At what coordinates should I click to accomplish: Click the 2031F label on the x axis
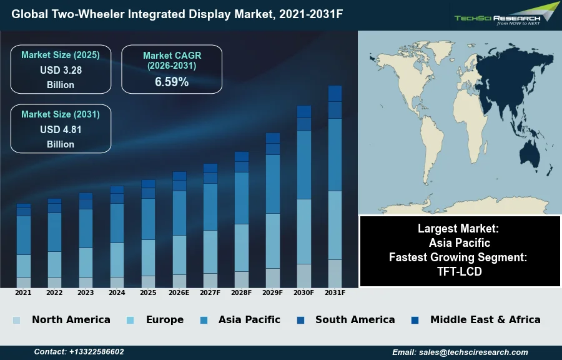click(335, 292)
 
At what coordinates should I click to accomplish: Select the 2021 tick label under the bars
click(23, 292)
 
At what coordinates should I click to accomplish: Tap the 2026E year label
click(179, 292)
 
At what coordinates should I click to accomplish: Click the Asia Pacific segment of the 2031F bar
click(335, 154)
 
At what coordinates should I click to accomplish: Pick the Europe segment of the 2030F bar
click(304, 231)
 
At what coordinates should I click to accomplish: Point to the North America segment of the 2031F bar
click(335, 273)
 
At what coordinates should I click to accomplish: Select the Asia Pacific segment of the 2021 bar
click(24, 235)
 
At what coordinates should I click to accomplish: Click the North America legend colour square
click(16, 321)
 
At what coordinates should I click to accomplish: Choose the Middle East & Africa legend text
click(485, 319)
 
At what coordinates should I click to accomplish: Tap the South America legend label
click(355, 319)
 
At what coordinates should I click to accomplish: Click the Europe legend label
click(165, 319)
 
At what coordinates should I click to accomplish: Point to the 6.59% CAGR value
click(172, 82)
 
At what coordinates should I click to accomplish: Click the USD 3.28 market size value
click(61, 70)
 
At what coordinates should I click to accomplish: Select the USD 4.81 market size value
click(61, 129)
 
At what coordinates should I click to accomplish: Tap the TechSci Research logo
click(506, 15)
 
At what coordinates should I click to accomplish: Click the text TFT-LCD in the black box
click(460, 272)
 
